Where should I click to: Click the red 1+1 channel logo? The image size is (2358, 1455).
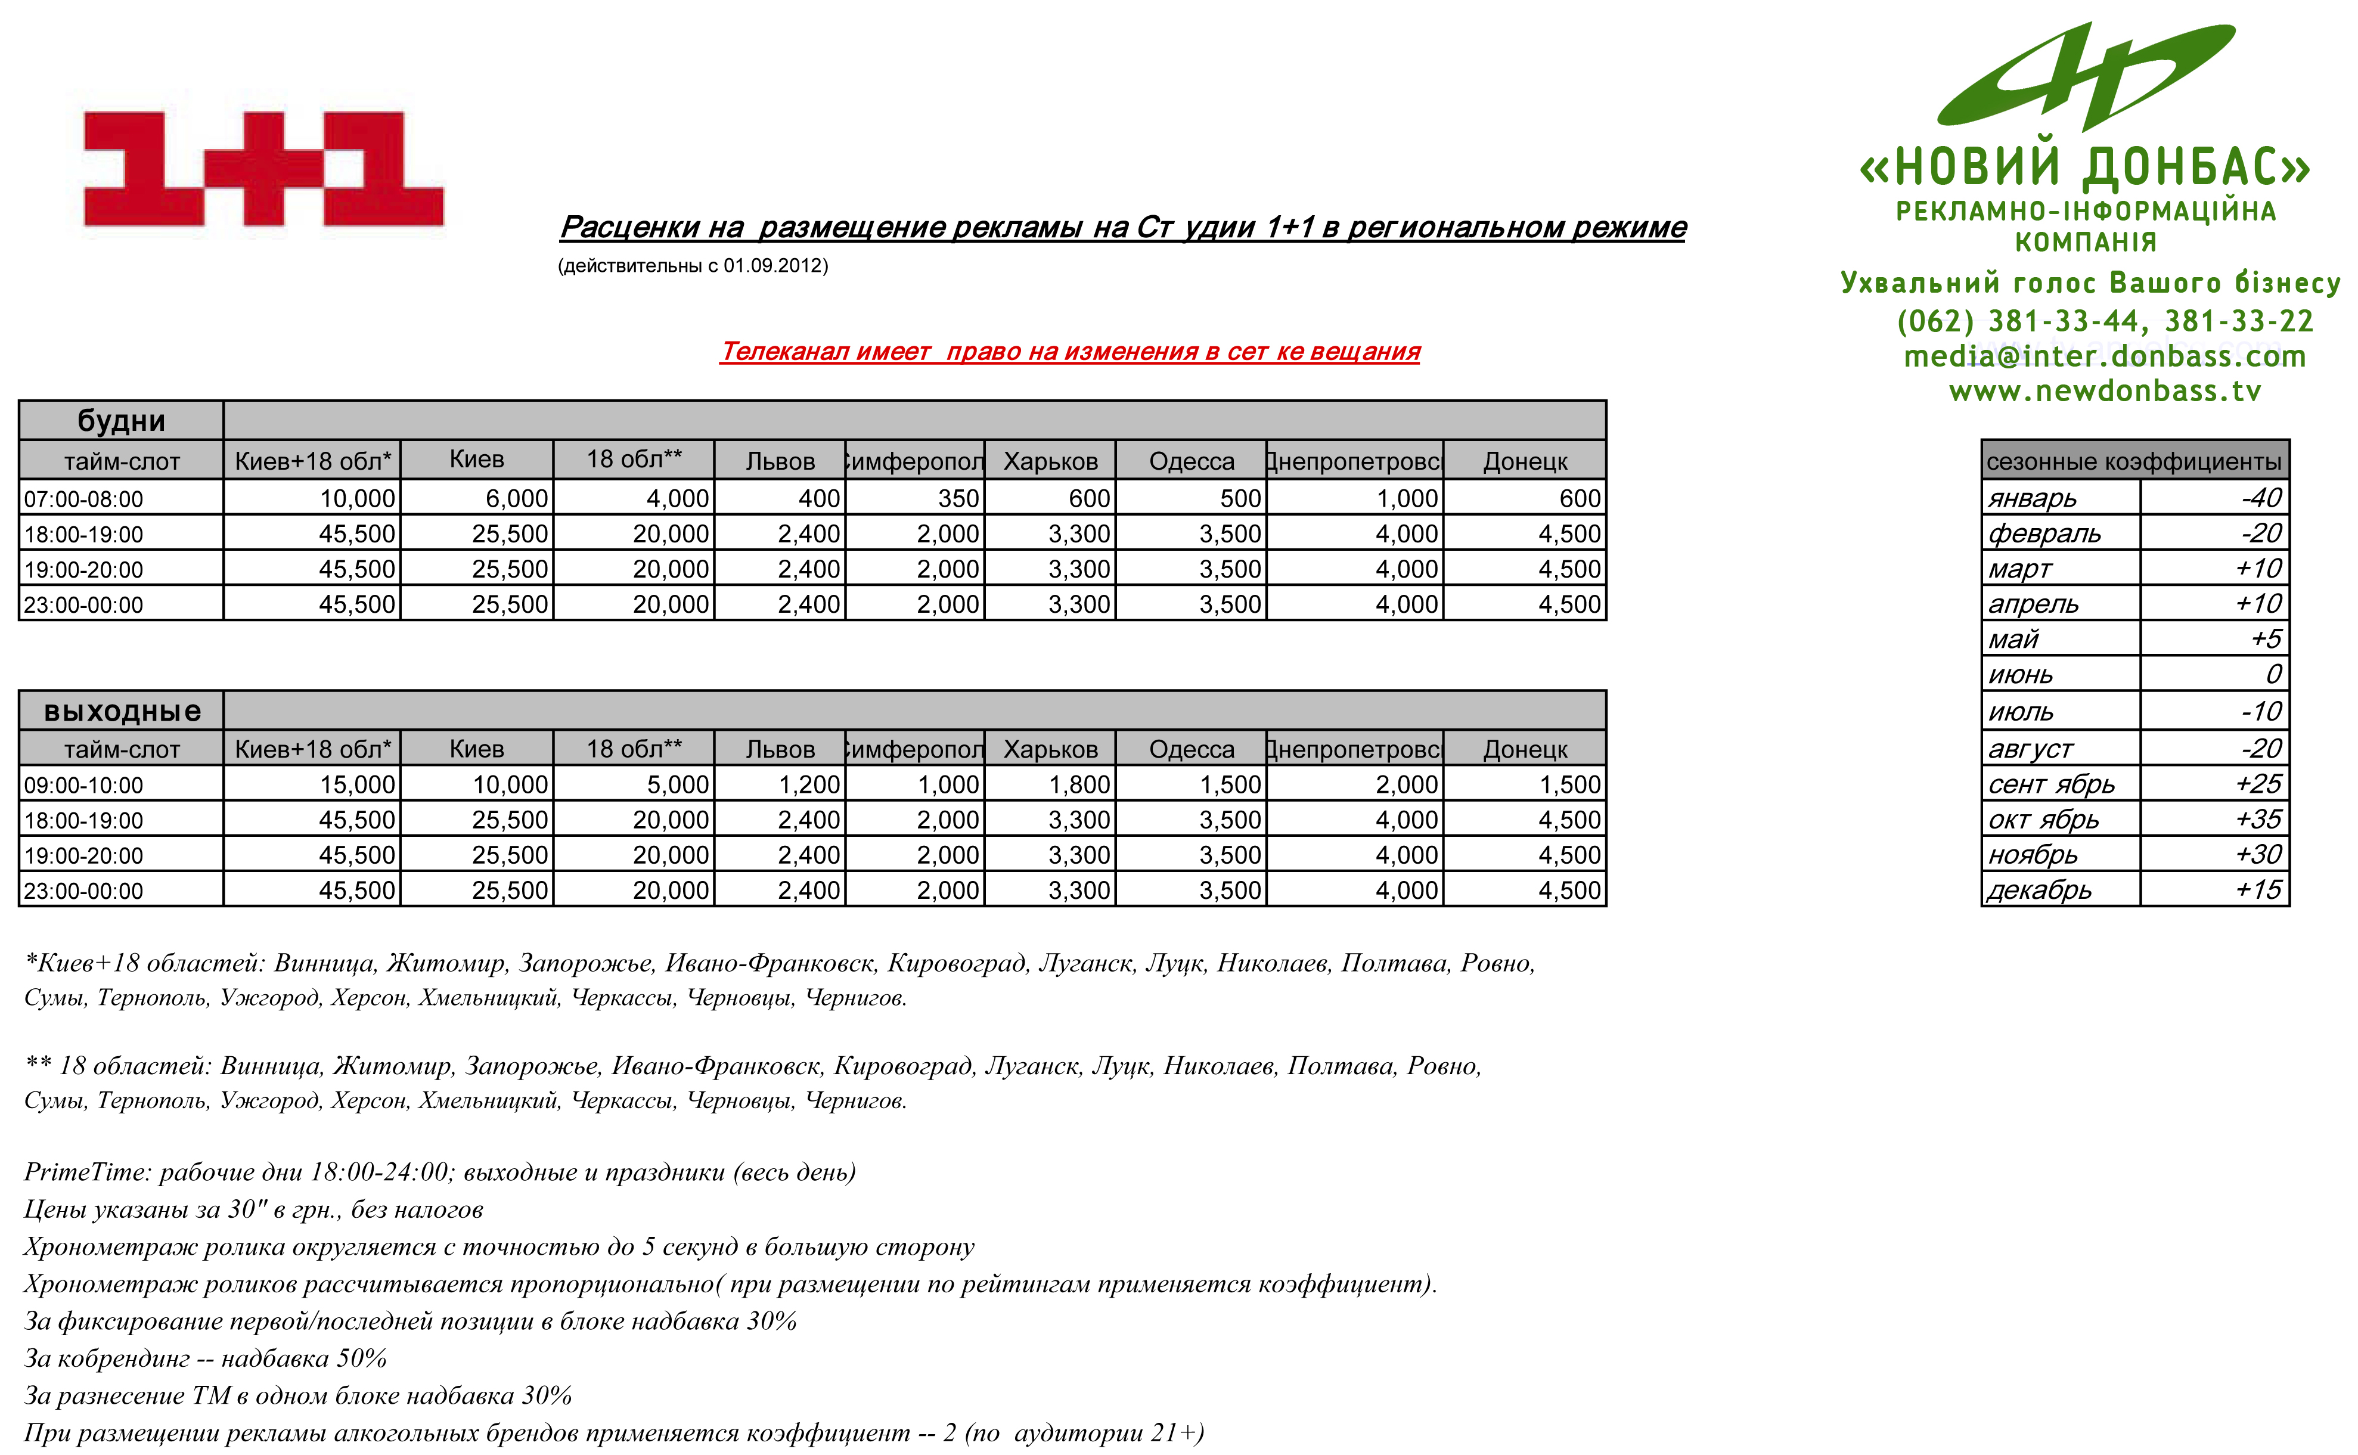263,169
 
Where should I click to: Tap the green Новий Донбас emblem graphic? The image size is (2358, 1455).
2086,77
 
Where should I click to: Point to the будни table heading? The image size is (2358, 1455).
121,421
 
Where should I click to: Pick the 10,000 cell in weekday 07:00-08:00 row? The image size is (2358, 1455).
357,498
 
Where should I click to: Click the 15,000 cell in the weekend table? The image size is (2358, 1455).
357,785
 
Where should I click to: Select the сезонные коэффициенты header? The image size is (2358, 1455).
2134,461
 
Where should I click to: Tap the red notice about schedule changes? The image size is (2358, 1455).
1070,351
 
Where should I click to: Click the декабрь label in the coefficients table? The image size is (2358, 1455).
2040,890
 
